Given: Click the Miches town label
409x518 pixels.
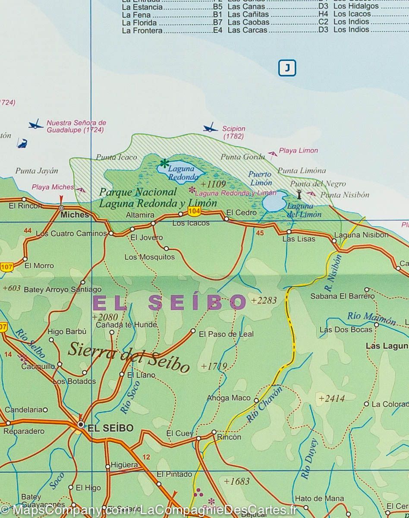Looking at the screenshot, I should pos(75,215).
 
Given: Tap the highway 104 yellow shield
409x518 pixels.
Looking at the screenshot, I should pos(194,211).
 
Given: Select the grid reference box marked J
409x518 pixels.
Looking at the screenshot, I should pos(287,68).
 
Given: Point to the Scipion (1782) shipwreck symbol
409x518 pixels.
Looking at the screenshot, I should pos(210,128).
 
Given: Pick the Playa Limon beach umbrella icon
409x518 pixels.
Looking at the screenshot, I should pos(272,154).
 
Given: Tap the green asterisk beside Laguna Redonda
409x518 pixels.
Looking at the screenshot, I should pos(164,164).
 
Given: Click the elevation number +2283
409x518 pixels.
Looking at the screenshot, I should pos(264,300).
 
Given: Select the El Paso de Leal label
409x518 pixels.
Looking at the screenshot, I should pos(226,334).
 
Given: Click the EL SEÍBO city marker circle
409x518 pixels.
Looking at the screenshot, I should pos(81,425).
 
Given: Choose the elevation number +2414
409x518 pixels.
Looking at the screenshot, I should pos(331,398).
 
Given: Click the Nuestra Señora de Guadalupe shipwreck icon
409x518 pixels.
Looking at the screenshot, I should pos(36,125).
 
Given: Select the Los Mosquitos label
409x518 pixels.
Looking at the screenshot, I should pos(150,257).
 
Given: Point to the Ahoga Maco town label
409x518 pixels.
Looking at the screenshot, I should pos(229,398).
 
